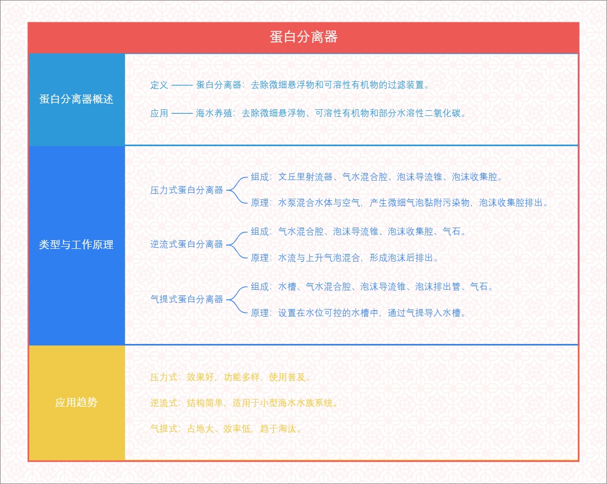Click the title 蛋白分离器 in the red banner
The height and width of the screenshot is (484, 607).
click(303, 37)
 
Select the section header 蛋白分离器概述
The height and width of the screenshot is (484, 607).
click(76, 99)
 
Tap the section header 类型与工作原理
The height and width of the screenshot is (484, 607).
click(76, 245)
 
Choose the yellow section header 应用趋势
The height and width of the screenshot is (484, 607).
click(76, 403)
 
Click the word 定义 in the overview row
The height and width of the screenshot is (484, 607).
click(159, 85)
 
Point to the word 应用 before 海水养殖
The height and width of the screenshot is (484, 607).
click(159, 113)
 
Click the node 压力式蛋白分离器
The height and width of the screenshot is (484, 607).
click(187, 190)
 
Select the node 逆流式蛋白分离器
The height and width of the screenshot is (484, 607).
click(187, 244)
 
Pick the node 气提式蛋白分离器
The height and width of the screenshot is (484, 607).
click(187, 299)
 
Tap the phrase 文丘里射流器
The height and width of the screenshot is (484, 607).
click(306, 177)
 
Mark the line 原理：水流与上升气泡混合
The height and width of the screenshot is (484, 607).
click(344, 258)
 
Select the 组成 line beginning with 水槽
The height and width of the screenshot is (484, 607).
click(372, 287)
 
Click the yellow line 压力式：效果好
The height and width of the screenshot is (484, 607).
click(230, 377)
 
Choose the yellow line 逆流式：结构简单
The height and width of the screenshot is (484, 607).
click(244, 403)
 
